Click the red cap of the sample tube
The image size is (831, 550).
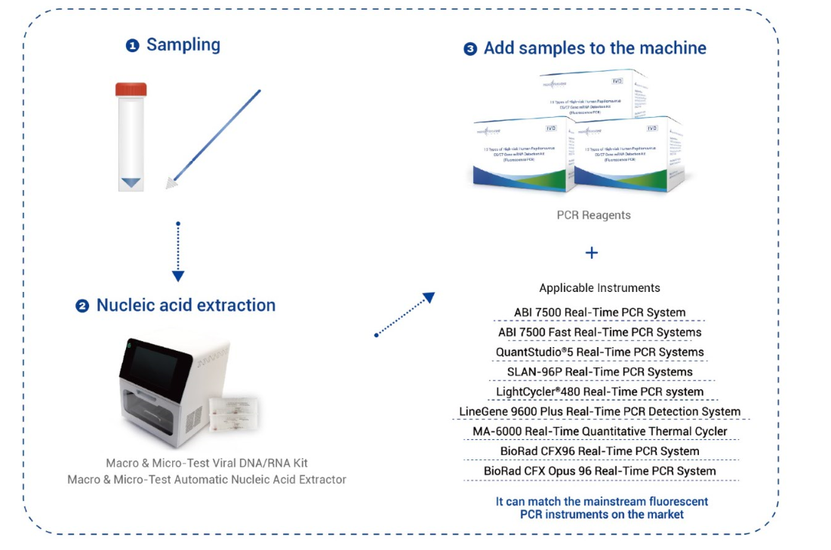pyautogui.click(x=131, y=90)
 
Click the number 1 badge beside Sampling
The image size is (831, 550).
pyautogui.click(x=133, y=46)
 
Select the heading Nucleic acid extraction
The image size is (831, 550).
pyautogui.click(x=186, y=306)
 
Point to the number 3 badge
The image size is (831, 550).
pyautogui.click(x=470, y=49)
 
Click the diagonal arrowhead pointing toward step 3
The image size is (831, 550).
pyautogui.click(x=429, y=298)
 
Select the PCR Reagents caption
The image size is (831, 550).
pyautogui.click(x=593, y=215)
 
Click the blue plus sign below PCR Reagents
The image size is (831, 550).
pyautogui.click(x=592, y=253)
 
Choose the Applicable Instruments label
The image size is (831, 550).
pyautogui.click(x=599, y=288)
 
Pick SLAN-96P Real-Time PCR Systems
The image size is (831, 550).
pyautogui.click(x=599, y=372)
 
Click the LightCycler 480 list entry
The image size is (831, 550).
pyautogui.click(x=599, y=392)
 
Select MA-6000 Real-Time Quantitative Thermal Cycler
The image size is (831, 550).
pyautogui.click(x=599, y=432)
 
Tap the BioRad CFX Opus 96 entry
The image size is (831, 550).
pyautogui.click(x=599, y=471)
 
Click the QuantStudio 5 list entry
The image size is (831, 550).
pyautogui.click(x=599, y=352)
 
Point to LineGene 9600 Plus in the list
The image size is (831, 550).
pyautogui.click(x=599, y=412)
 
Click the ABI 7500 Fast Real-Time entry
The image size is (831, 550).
pyautogui.click(x=599, y=332)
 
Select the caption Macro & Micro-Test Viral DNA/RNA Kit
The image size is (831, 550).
pyautogui.click(x=207, y=463)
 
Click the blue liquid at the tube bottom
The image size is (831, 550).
pyautogui.click(x=131, y=183)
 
